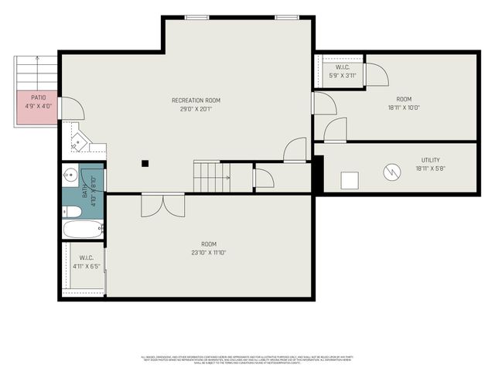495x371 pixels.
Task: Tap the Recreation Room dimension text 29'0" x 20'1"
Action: coord(196,109)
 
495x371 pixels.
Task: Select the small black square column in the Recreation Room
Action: coord(145,162)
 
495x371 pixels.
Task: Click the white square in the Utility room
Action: coord(350,181)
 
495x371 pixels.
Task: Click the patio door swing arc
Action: coord(70,108)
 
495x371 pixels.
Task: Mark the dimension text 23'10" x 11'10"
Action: coord(208,252)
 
